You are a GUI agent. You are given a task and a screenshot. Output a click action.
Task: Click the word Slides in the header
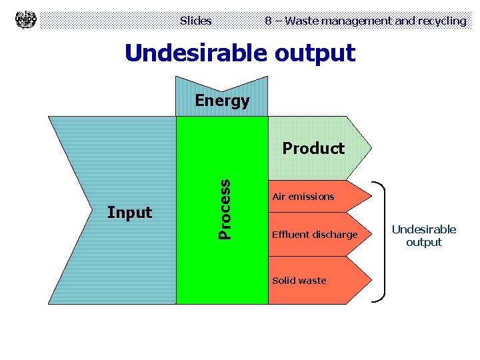click(195, 21)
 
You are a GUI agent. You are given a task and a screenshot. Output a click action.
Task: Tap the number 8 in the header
click(268, 21)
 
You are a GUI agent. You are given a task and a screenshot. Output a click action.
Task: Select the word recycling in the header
click(442, 21)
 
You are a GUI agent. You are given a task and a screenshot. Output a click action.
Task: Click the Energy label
click(222, 101)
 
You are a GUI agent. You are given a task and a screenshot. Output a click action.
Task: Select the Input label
click(130, 213)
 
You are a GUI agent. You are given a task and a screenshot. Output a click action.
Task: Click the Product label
click(313, 148)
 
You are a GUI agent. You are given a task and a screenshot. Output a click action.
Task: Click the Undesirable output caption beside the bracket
click(424, 235)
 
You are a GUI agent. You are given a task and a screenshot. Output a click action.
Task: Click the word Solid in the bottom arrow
click(283, 281)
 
